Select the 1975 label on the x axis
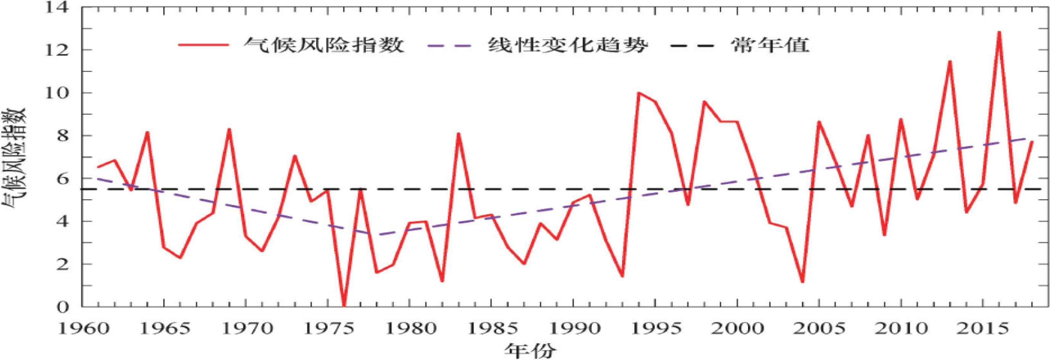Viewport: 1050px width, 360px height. pyautogui.click(x=328, y=329)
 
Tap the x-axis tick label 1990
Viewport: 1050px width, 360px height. pyautogui.click(x=574, y=329)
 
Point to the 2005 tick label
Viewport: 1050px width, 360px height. pyautogui.click(x=819, y=329)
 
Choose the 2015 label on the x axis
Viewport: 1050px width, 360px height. pyautogui.click(x=983, y=329)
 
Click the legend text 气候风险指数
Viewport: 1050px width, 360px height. pyautogui.click(x=324, y=45)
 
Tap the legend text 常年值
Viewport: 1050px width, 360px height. pyautogui.click(x=769, y=45)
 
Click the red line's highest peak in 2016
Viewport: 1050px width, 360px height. pyautogui.click(x=999, y=32)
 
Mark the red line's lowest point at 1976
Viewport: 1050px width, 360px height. pyautogui.click(x=344, y=306)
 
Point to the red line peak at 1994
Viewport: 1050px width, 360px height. pyautogui.click(x=639, y=93)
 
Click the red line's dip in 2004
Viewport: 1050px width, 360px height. pyautogui.click(x=802, y=282)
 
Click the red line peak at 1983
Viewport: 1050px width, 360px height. pyautogui.click(x=458, y=134)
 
